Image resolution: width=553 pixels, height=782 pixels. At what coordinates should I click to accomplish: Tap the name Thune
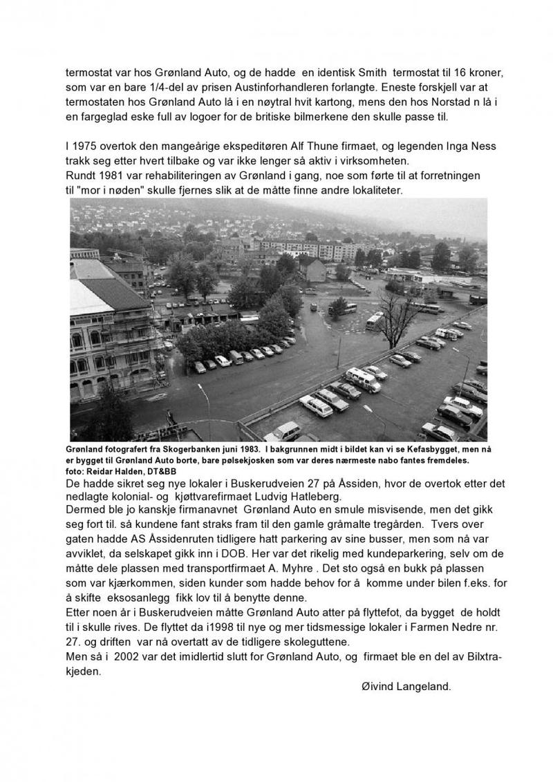click(328, 146)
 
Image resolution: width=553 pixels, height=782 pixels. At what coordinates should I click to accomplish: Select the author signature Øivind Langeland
click(406, 687)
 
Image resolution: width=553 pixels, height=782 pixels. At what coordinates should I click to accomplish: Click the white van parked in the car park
click(363, 379)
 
